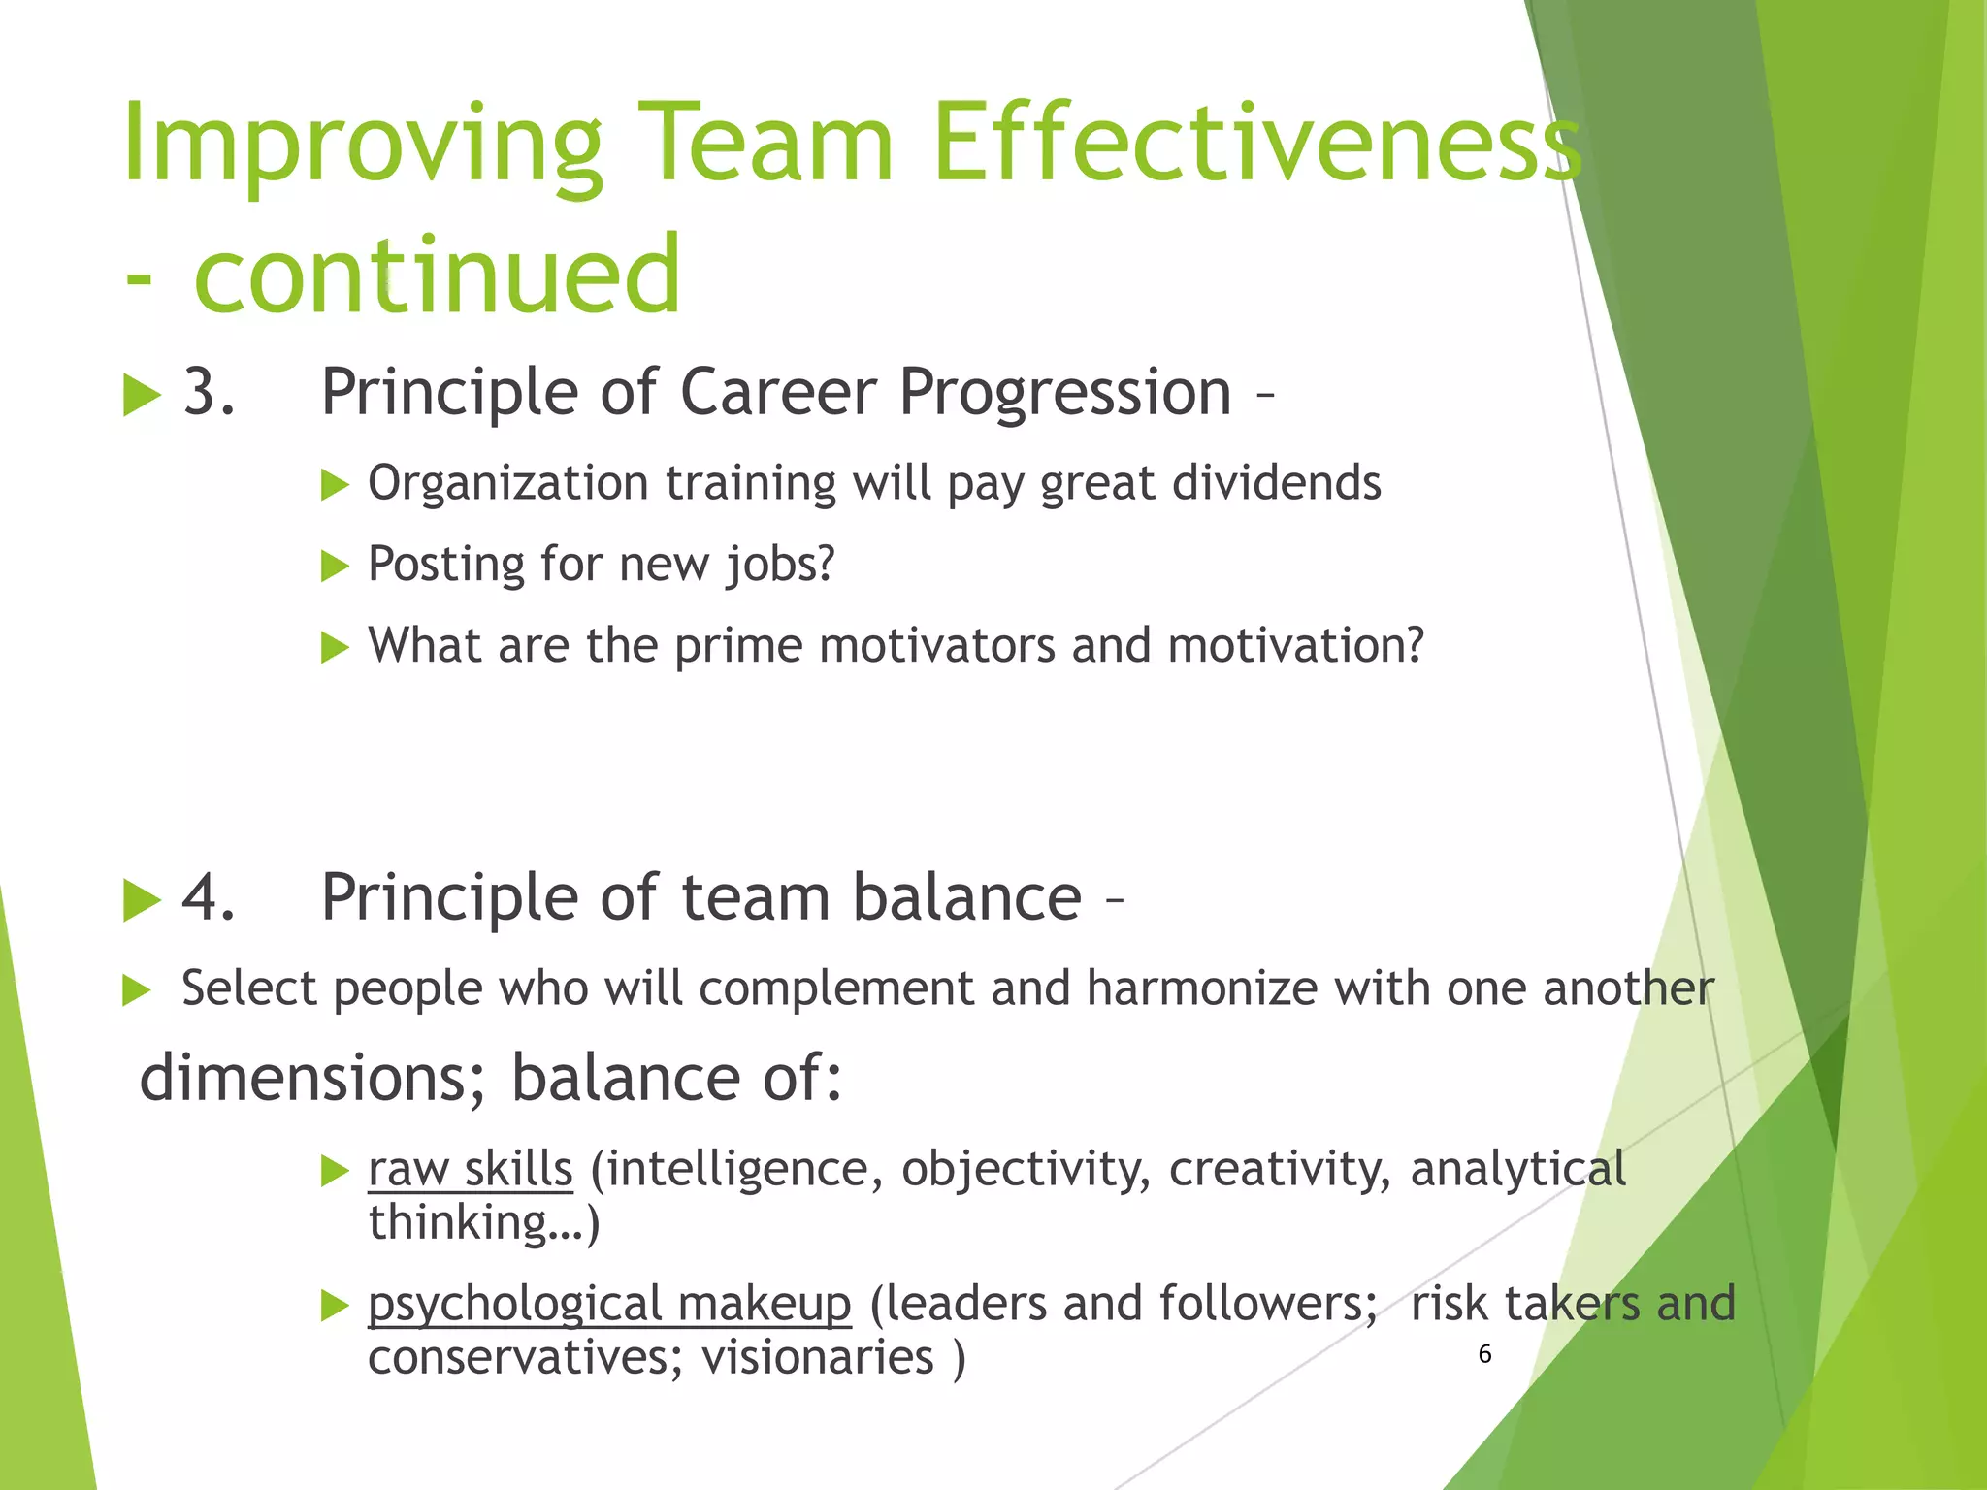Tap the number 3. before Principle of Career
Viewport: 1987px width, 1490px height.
pos(209,392)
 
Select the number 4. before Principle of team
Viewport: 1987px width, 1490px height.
pos(209,896)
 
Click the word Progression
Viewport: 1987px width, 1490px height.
pos(1064,392)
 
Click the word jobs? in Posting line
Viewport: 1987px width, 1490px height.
pos(780,565)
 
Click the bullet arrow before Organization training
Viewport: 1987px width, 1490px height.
pos(334,484)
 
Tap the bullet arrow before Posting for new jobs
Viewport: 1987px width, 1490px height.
pos(334,566)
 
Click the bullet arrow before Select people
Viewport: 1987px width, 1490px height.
pos(137,990)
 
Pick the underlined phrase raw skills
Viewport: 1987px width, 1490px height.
pos(471,1168)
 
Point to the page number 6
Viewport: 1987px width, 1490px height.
pos(1484,1354)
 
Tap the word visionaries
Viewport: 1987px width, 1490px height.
pos(818,1356)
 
